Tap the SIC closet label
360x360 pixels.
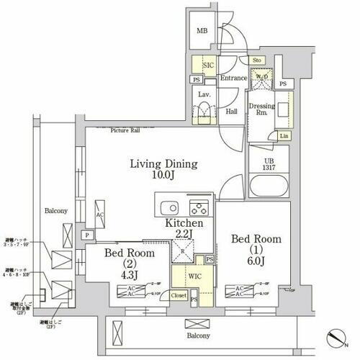208,65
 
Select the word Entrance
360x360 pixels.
234,78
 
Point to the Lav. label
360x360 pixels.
204,94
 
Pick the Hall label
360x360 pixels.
232,112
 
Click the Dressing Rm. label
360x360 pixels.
262,110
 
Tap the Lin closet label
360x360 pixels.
284,136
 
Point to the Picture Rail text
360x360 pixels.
125,130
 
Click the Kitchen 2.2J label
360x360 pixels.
184,230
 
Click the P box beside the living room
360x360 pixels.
86,235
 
